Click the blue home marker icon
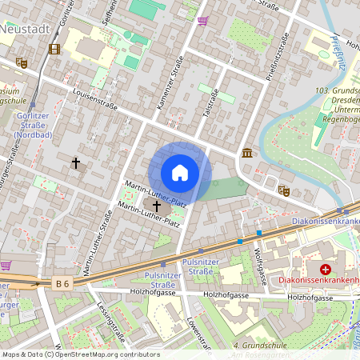180,173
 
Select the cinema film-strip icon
54,49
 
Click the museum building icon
246,153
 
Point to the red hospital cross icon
326,270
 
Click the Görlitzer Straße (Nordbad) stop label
33,125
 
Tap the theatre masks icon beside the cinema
22,62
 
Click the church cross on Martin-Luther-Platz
156,206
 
